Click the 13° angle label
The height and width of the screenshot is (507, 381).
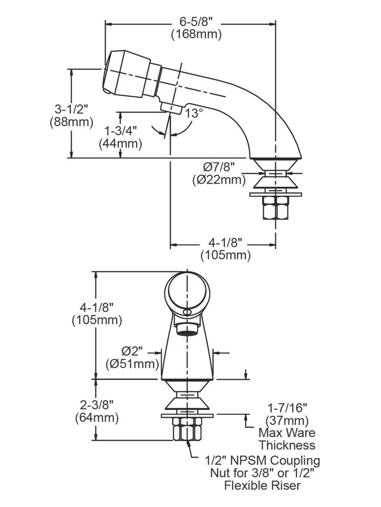point(194,113)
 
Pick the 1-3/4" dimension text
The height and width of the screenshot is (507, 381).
point(120,130)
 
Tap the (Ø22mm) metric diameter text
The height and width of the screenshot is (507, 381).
point(219,179)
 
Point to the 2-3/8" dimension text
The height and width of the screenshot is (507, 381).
point(97,405)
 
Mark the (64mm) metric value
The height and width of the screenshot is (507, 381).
point(97,418)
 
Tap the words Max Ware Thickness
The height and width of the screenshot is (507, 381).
point(287,439)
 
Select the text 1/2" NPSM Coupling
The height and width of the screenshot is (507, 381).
point(263,461)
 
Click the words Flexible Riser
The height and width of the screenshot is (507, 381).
point(263,486)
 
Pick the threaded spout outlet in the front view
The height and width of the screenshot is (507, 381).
point(187,327)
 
